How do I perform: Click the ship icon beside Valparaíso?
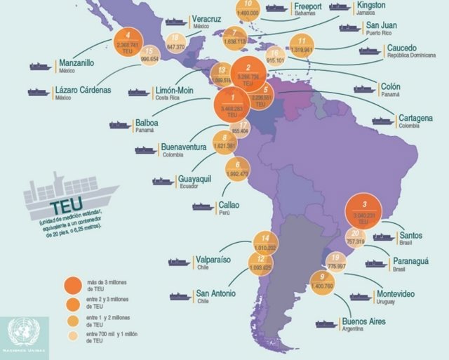click(179, 262)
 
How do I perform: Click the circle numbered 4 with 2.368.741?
click(128, 43)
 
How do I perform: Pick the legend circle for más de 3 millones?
click(72, 285)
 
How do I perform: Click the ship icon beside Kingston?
click(340, 7)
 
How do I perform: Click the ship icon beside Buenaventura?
click(145, 150)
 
